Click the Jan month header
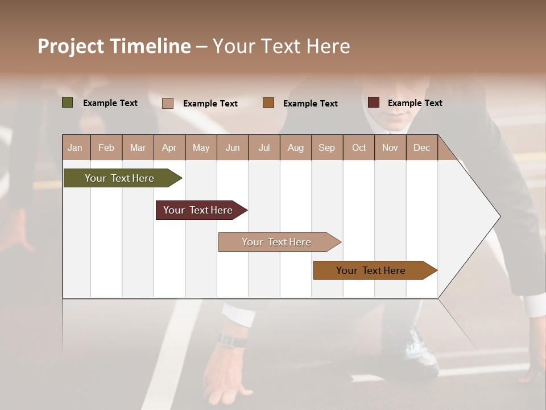pyautogui.click(x=75, y=147)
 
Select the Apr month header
pyautogui.click(x=169, y=147)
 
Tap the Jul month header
pyautogui.click(x=264, y=147)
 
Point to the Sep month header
pyautogui.click(x=326, y=147)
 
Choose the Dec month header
pyautogui.click(x=421, y=147)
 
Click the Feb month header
pyautogui.click(x=106, y=147)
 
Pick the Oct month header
pyautogui.click(x=359, y=147)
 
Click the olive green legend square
pyautogui.click(x=68, y=102)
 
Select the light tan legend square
pyautogui.click(x=168, y=103)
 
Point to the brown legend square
pyautogui.click(x=268, y=102)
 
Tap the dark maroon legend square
pyautogui.click(x=374, y=102)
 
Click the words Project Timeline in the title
pyautogui.click(x=114, y=46)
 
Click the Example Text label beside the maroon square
pyautogui.click(x=415, y=103)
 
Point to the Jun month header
pyautogui.click(x=233, y=147)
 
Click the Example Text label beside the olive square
pyautogui.click(x=110, y=103)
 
